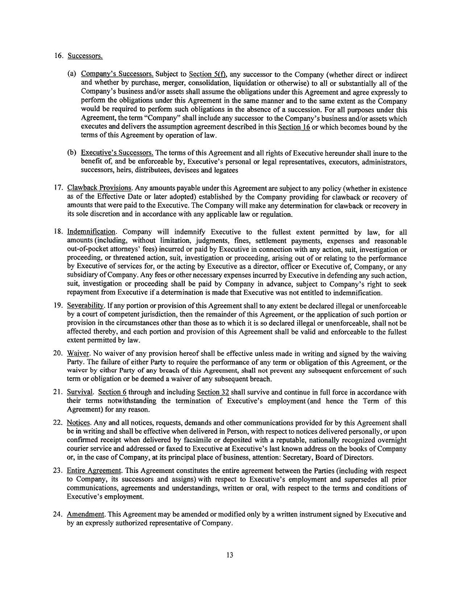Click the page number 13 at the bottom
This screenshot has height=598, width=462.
tap(230, 555)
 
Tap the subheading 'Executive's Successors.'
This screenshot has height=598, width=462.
tap(118, 153)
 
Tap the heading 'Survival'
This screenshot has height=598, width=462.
tap(80, 391)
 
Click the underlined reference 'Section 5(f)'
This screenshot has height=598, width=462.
tap(208, 74)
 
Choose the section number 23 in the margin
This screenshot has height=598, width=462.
tap(57, 471)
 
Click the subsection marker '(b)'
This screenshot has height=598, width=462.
tap(71, 153)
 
